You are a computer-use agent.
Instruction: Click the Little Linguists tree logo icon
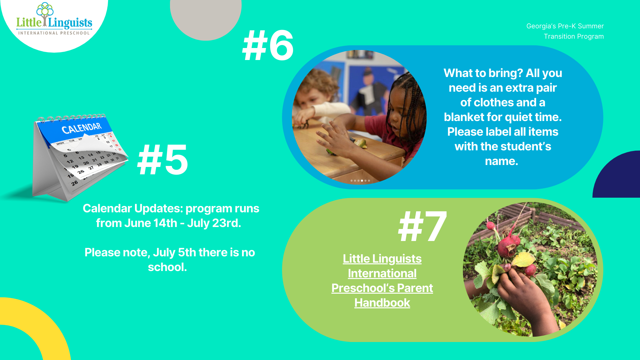(45, 14)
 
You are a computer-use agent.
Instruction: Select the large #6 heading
(268, 45)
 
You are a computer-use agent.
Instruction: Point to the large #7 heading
(422, 227)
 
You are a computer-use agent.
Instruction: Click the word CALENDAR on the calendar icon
(82, 128)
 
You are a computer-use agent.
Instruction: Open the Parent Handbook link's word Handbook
(382, 303)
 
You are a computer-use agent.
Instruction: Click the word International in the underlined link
(382, 273)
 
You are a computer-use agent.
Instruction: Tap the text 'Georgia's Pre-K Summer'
(565, 26)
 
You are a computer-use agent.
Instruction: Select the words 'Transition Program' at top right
(574, 36)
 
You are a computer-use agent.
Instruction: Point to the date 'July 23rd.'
(214, 223)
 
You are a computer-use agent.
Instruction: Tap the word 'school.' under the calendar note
(167, 267)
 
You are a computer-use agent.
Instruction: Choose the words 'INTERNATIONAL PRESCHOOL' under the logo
(54, 33)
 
